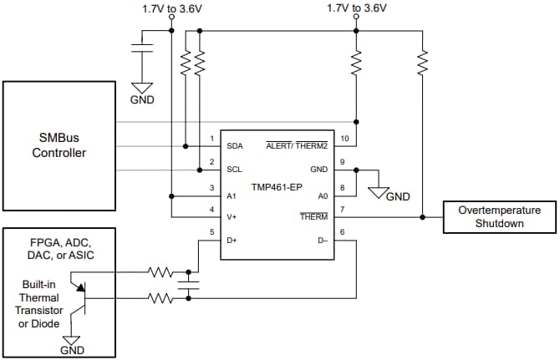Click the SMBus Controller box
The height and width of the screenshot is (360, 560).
59,146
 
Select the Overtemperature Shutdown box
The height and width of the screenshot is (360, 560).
500,216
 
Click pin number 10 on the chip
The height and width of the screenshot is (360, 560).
342,138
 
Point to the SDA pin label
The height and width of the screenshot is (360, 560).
237,146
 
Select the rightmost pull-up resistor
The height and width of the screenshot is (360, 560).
422,60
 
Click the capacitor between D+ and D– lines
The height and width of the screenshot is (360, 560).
191,285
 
